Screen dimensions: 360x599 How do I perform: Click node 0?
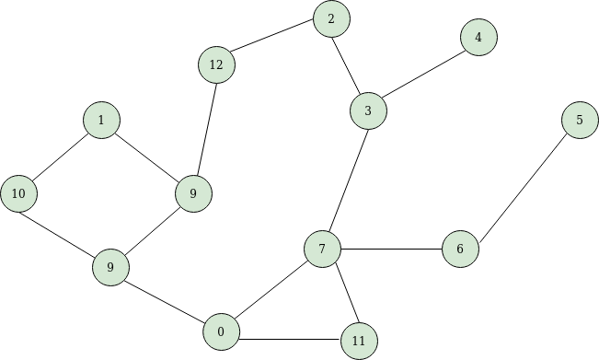[221, 331]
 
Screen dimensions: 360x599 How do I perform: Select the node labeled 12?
[216, 64]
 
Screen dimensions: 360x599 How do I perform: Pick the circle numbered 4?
[478, 37]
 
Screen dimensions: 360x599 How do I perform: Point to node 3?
[368, 111]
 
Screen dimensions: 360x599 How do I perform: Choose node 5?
[580, 120]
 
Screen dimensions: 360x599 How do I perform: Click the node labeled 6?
[460, 249]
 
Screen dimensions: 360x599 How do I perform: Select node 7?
[322, 249]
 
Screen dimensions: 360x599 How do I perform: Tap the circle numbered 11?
[359, 342]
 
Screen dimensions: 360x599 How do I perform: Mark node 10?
[18, 193]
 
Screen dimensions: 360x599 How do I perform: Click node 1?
[101, 120]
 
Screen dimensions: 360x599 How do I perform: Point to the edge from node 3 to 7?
[345, 180]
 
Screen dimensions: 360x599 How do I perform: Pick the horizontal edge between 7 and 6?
[391, 249]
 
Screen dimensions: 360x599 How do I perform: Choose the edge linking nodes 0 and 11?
[290, 337]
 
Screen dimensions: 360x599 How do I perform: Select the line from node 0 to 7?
[271, 290]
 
